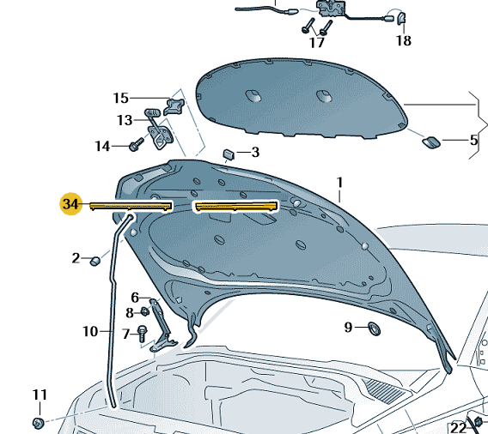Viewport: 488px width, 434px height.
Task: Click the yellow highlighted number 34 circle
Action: (x=71, y=204)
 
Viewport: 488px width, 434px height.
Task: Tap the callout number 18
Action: (x=403, y=40)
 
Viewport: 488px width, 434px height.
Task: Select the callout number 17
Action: (x=317, y=42)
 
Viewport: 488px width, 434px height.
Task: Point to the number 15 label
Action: (x=121, y=98)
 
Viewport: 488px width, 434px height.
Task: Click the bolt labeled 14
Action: (x=137, y=145)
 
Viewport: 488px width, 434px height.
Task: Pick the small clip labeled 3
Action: (x=229, y=154)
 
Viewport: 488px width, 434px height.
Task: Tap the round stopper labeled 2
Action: (x=95, y=261)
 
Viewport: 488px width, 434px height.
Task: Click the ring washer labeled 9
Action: (x=374, y=329)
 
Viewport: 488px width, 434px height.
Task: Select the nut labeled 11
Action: (x=38, y=423)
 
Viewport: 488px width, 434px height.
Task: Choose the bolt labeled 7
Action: (x=143, y=334)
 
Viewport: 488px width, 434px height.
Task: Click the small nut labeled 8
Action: (x=144, y=311)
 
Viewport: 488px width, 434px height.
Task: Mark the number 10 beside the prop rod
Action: (x=90, y=331)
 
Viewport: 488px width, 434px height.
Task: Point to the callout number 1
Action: (x=339, y=183)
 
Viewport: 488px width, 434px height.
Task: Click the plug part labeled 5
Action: (x=431, y=142)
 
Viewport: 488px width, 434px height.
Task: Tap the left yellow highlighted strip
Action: (x=131, y=206)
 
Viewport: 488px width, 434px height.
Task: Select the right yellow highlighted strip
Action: (x=235, y=206)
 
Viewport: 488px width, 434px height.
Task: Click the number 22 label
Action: (x=458, y=428)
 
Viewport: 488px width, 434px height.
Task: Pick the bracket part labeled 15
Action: (x=174, y=106)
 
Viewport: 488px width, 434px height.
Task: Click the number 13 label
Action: (x=125, y=120)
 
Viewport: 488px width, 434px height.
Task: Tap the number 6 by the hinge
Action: (x=135, y=298)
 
